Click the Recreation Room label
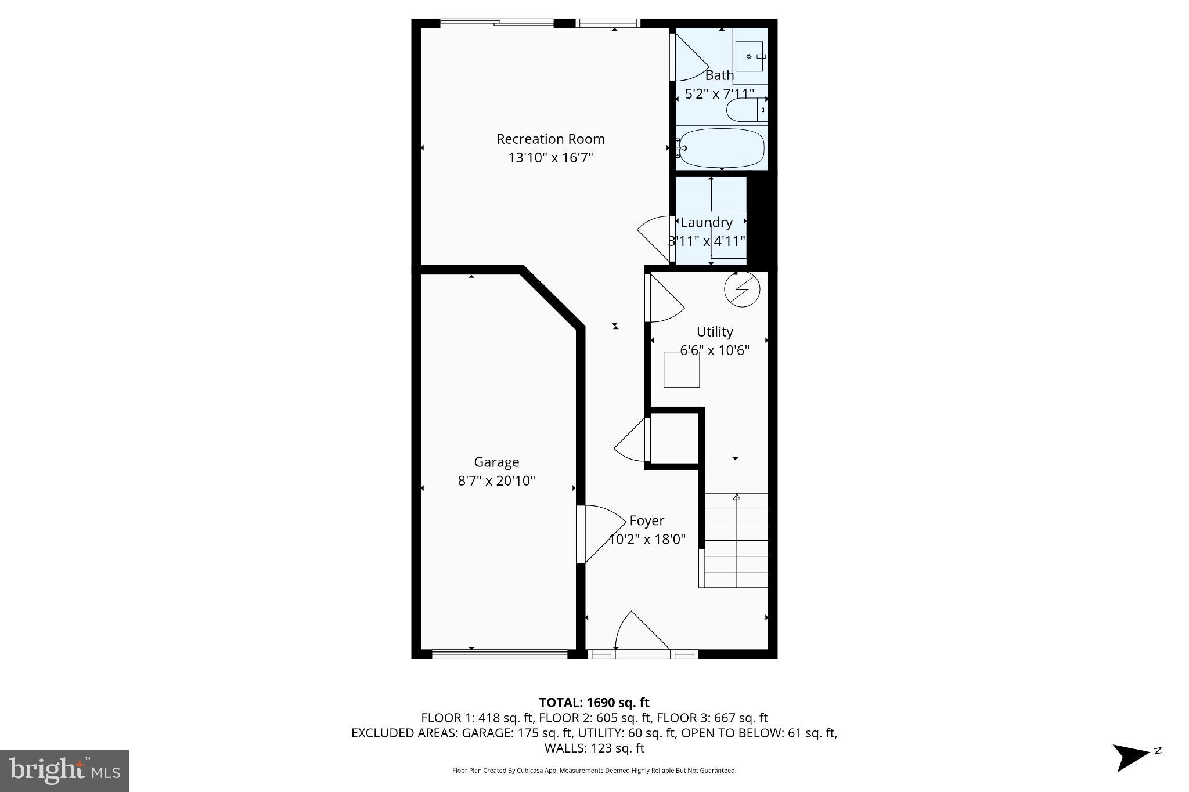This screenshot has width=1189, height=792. (550, 139)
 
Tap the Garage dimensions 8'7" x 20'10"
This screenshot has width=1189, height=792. (496, 481)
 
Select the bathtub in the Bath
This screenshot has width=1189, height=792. (722, 148)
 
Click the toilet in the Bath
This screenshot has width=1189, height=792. (745, 110)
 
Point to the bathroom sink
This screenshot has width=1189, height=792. (750, 56)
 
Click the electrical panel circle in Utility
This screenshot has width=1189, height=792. (742, 288)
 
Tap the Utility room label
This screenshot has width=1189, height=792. (715, 332)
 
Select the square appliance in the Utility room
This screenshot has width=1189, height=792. (682, 370)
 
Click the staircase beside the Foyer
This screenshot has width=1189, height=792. (736, 540)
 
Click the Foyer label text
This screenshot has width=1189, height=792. (647, 521)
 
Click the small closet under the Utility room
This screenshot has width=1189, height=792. (674, 439)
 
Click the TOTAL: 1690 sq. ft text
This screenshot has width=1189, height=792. (594, 703)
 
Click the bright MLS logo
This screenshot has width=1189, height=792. (64, 771)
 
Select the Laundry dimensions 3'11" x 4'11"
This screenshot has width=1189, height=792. (707, 241)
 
